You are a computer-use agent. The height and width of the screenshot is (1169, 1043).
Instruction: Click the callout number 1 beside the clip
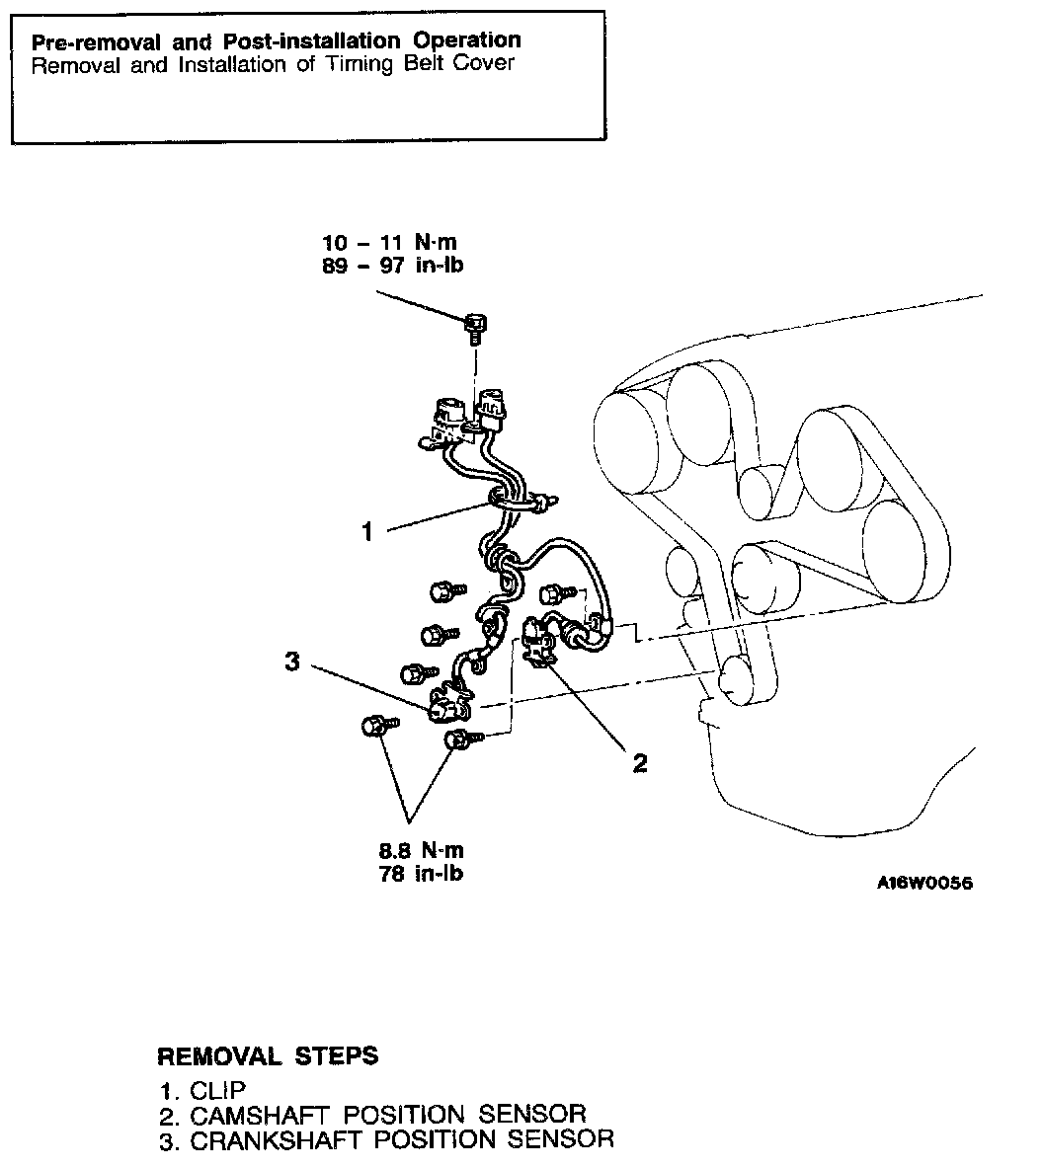tap(367, 532)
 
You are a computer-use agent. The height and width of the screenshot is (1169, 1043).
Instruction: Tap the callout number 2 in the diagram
tap(640, 762)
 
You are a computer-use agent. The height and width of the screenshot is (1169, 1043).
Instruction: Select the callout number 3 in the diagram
tap(291, 661)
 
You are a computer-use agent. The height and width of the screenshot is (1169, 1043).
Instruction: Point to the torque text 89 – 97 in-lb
tap(393, 266)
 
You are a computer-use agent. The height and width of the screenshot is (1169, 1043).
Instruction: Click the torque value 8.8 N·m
tap(421, 851)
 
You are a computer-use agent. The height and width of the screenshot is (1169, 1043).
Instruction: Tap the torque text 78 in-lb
tap(421, 874)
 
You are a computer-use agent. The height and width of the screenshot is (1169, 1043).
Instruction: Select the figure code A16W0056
tap(923, 883)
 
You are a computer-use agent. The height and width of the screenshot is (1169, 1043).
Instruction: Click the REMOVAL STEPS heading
tap(268, 1055)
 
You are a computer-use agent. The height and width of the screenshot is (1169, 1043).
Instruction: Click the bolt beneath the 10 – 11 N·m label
tap(475, 323)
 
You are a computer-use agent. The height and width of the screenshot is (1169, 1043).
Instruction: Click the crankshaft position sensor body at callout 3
tap(447, 707)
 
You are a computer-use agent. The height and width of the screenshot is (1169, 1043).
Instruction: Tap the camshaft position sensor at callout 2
tap(539, 642)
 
